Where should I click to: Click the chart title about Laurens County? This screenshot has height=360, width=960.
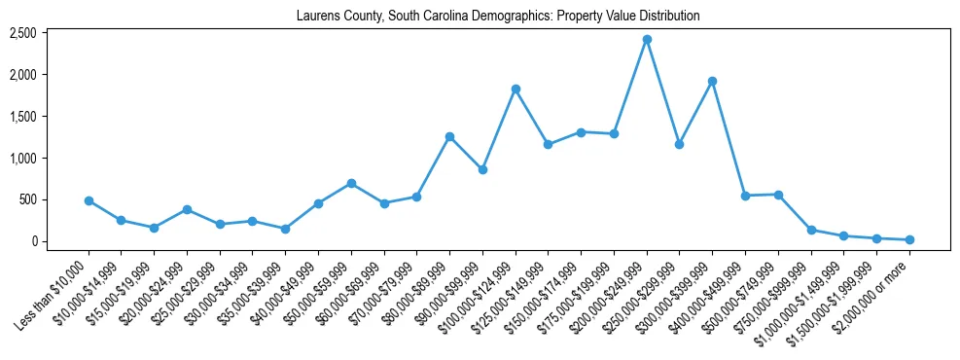[x=498, y=17]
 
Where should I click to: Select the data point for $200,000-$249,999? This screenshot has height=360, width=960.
[x=647, y=39]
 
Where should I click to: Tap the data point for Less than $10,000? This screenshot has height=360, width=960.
[x=89, y=200]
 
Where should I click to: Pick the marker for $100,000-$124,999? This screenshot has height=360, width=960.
[x=516, y=89]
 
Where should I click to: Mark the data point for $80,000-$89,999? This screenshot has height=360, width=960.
[x=449, y=136]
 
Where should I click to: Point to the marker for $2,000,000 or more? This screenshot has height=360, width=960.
[x=909, y=239]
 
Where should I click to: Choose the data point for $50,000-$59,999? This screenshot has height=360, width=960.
[x=351, y=183]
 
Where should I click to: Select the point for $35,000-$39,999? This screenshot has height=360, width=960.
[x=285, y=229]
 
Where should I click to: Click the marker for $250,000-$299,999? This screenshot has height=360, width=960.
[x=679, y=144]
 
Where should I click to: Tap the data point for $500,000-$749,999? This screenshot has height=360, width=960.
[x=778, y=195]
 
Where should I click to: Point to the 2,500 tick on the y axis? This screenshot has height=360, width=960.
[x=22, y=33]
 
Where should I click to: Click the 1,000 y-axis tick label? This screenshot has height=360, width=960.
[x=22, y=158]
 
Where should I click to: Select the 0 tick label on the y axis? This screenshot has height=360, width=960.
[x=33, y=241]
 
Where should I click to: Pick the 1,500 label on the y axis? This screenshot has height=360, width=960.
[x=22, y=116]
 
